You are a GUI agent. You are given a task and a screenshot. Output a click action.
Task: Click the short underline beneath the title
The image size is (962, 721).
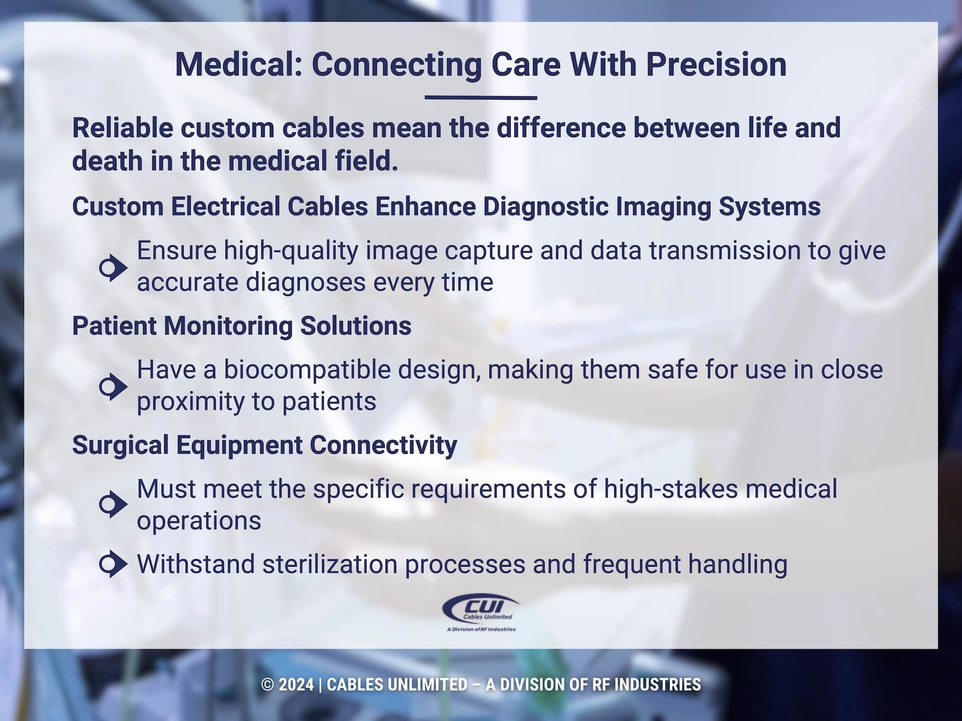point(481,98)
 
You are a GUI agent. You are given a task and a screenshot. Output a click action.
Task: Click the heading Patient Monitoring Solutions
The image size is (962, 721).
point(242,326)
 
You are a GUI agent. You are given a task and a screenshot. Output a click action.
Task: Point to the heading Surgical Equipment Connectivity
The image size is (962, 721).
point(264,445)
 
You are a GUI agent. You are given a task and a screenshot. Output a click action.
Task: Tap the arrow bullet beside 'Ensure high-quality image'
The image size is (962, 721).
point(113,268)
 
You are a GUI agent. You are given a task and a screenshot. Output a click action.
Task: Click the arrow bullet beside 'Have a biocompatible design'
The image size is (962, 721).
point(113,387)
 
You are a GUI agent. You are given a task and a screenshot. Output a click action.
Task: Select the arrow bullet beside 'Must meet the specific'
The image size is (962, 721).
point(113,504)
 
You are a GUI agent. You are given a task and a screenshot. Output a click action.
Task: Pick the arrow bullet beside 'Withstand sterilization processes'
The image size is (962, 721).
point(113,564)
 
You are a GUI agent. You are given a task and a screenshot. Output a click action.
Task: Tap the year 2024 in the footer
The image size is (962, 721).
point(296,685)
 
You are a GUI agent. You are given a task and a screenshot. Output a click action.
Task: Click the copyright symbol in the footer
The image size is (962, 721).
point(267,685)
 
